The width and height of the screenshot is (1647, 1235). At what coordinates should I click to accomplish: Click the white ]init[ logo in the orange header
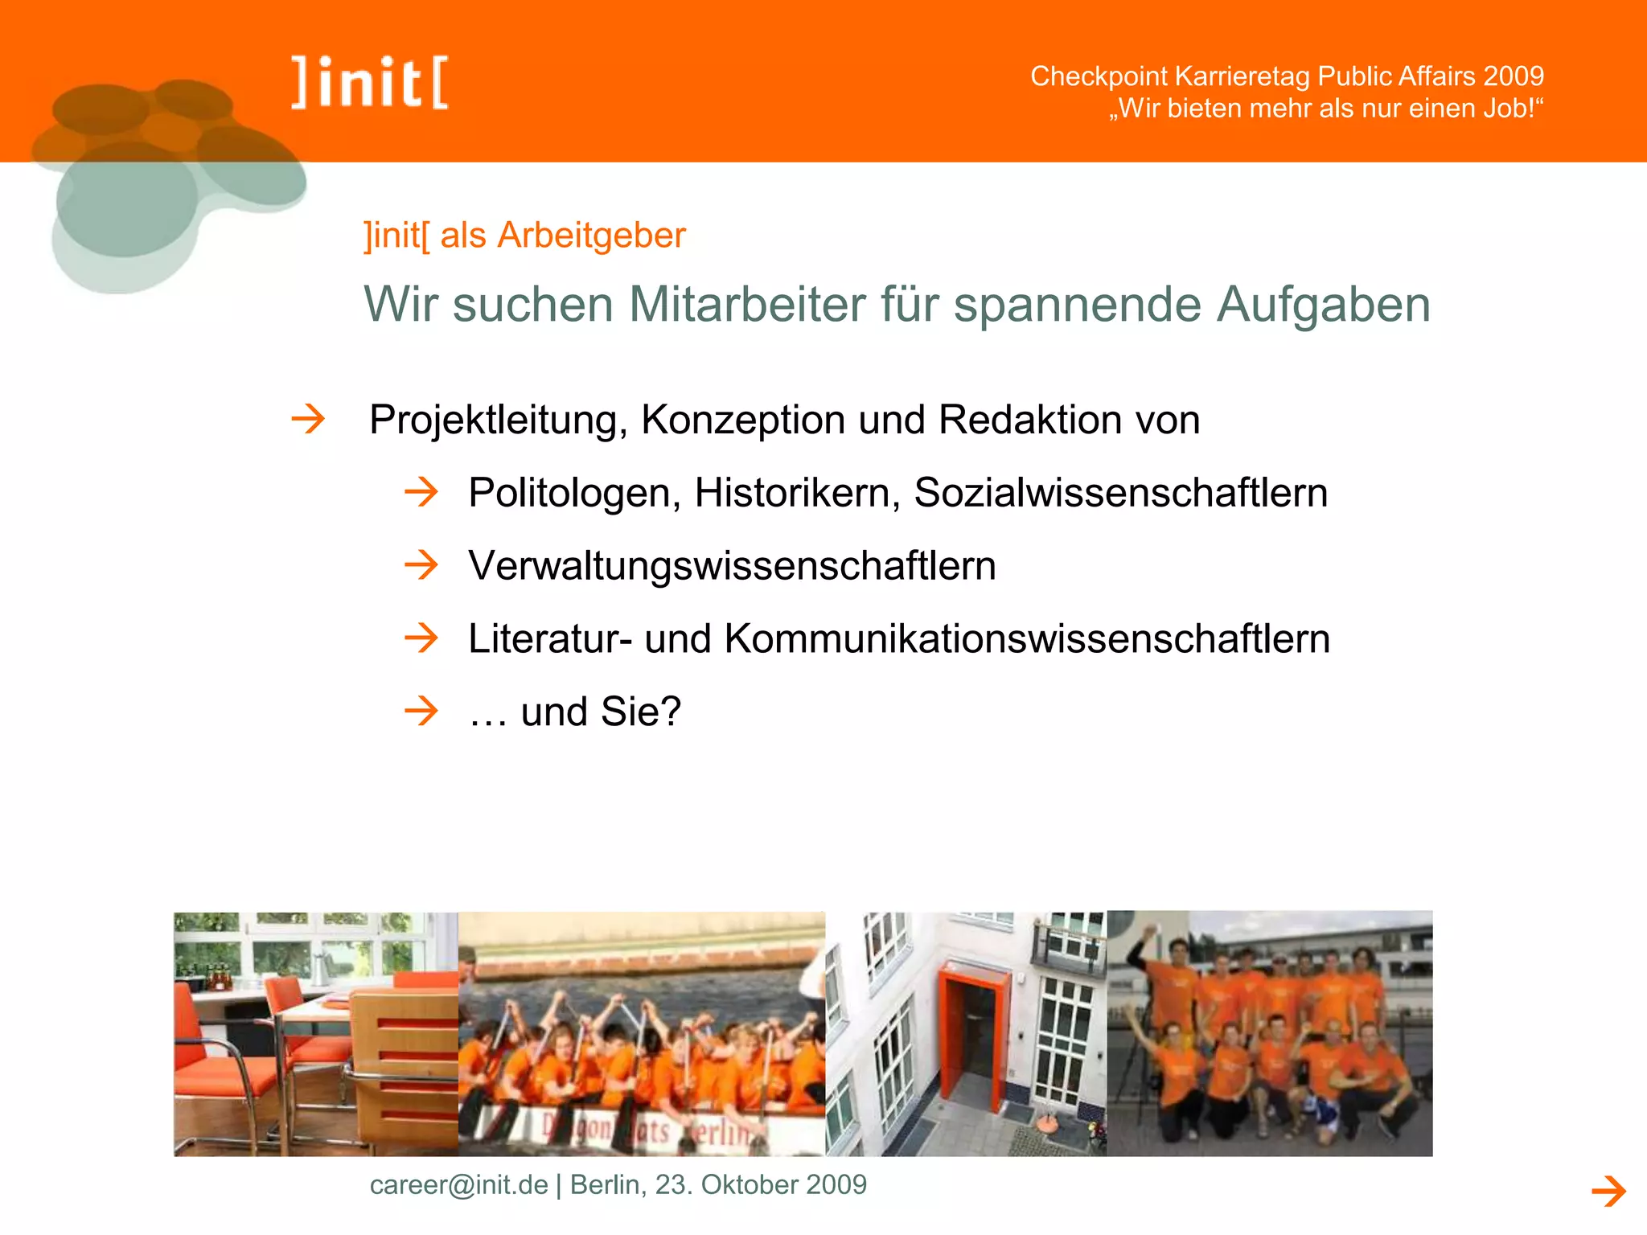[x=371, y=82]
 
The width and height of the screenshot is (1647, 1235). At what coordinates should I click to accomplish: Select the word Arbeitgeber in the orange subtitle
[x=591, y=236]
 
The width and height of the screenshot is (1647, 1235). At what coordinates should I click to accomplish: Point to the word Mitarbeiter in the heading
[x=747, y=305]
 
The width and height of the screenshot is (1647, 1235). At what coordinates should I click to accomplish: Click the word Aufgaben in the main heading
[x=1323, y=305]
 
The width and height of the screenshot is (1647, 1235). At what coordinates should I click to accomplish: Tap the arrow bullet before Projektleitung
[x=308, y=419]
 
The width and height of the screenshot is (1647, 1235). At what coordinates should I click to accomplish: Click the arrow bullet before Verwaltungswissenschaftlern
[x=421, y=565]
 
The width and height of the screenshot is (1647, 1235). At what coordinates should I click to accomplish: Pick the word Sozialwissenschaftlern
[x=1120, y=492]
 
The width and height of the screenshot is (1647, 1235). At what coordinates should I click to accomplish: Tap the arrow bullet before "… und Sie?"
[x=421, y=711]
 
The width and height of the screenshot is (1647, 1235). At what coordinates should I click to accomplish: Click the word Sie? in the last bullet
[x=640, y=712]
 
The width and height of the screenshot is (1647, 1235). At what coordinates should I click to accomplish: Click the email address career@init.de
[x=458, y=1184]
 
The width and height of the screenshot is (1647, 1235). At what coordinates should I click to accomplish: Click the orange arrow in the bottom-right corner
[x=1608, y=1191]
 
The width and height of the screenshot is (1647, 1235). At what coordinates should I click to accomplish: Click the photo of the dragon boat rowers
[x=641, y=1033]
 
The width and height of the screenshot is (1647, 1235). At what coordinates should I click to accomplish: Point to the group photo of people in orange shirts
[x=1269, y=1033]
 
